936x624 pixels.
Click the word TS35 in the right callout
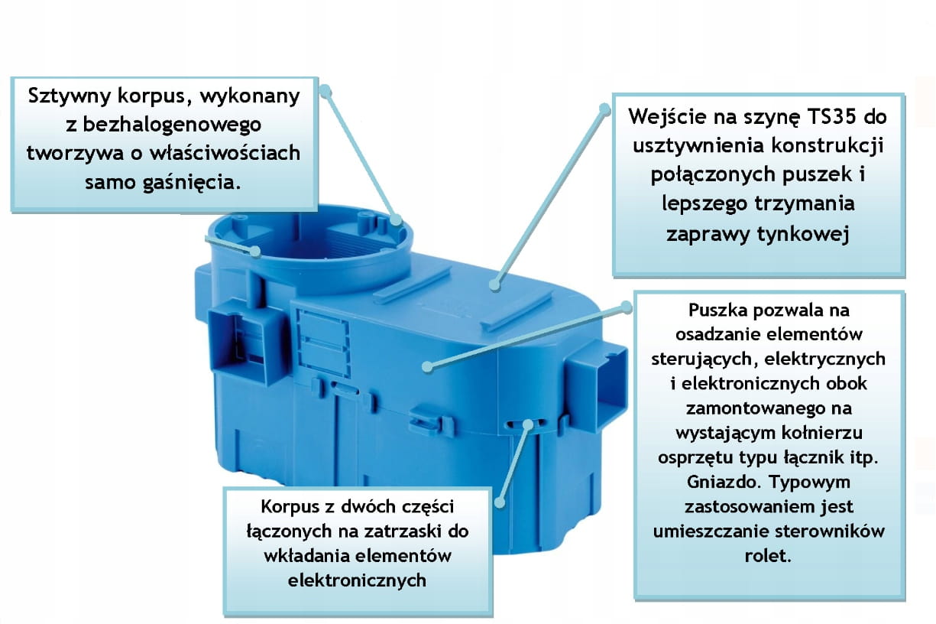831,117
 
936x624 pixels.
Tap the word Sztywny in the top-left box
70,96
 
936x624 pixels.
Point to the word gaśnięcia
193,183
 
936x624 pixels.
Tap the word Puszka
715,310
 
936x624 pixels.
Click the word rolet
768,556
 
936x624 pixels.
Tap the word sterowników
830,531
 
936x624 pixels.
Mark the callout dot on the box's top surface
494,285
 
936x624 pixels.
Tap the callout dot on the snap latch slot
528,425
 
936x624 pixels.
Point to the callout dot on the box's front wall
427,367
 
